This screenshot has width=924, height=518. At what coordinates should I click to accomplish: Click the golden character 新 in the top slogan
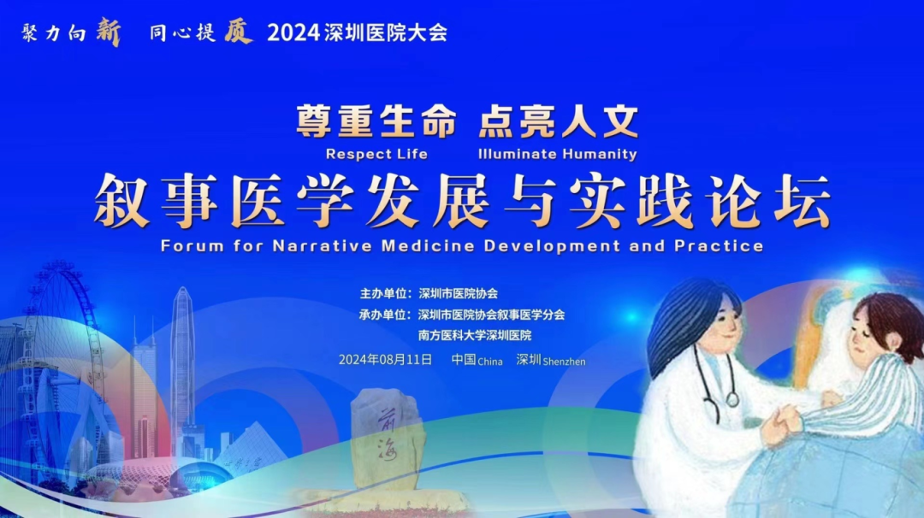(x=109, y=32)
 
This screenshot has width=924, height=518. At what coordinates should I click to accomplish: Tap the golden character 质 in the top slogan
(x=238, y=32)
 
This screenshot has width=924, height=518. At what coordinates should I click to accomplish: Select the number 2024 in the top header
(x=293, y=33)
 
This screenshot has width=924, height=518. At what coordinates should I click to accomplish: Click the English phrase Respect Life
(x=376, y=154)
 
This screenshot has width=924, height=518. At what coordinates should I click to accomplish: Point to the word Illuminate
(x=517, y=154)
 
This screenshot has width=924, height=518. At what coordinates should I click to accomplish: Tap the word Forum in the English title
(x=192, y=245)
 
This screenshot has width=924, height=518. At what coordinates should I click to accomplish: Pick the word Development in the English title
(x=552, y=246)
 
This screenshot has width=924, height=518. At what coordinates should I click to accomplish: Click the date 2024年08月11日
(x=385, y=360)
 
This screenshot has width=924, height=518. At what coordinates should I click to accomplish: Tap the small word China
(x=490, y=362)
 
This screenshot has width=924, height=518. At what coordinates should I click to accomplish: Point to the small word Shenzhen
(x=565, y=362)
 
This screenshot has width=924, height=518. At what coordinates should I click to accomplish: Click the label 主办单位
(x=383, y=293)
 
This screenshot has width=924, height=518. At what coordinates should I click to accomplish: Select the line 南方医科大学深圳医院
(x=475, y=336)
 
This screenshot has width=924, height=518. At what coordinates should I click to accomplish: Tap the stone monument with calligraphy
(x=387, y=439)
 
